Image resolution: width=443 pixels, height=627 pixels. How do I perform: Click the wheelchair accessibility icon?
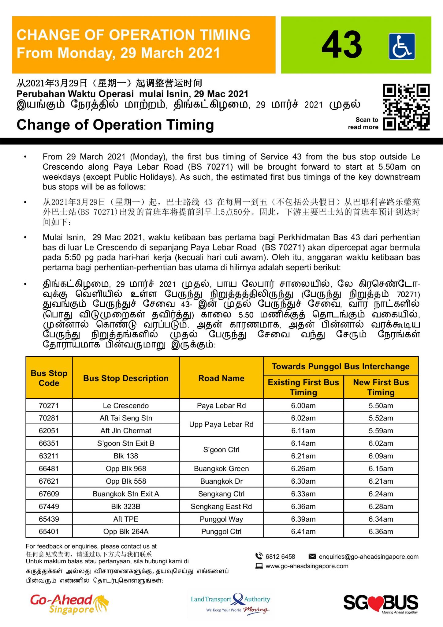(402, 46)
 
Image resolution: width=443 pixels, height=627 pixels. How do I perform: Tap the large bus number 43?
(342, 45)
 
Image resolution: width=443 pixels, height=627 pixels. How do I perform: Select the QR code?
(406, 107)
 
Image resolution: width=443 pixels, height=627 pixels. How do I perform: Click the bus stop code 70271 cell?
(49, 406)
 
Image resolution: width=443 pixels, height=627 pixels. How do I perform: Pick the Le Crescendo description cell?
(126, 406)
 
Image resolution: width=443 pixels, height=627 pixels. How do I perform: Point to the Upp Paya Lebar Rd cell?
(221, 424)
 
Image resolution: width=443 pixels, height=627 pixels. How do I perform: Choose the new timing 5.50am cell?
(381, 406)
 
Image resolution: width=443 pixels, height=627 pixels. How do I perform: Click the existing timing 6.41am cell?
(303, 531)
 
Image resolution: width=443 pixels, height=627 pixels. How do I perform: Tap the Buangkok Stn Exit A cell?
(126, 494)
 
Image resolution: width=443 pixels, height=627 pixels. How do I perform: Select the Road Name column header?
(221, 378)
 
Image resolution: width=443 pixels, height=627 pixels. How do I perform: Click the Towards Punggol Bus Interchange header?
(341, 366)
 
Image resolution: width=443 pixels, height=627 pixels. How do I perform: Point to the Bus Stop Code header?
(49, 378)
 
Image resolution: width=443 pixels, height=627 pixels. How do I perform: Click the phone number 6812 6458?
(280, 557)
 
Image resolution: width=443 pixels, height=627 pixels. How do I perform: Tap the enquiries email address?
(368, 557)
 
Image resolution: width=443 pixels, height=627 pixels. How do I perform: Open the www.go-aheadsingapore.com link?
(307, 566)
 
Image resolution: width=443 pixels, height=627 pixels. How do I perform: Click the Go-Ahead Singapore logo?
(69, 604)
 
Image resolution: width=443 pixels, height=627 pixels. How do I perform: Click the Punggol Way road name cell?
(221, 519)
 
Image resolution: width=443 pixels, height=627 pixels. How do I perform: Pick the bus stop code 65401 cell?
(49, 531)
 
